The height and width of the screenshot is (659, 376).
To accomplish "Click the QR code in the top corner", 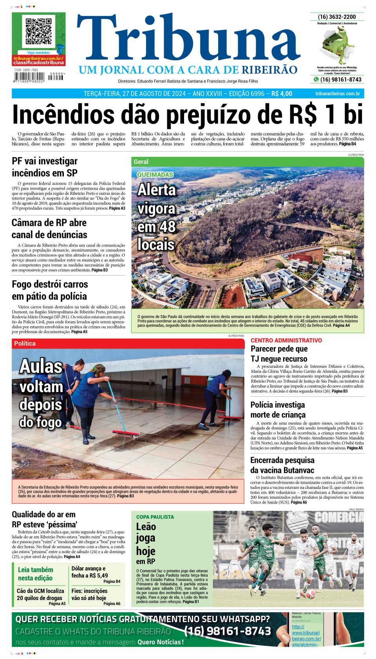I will click(38, 31).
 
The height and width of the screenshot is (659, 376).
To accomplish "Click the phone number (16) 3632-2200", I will click(337, 17).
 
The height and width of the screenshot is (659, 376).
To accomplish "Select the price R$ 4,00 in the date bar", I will click(282, 94).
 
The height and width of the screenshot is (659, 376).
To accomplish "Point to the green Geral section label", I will click(141, 162).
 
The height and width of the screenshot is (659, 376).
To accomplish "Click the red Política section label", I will click(25, 343).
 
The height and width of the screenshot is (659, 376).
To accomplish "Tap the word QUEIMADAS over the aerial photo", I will click(155, 174).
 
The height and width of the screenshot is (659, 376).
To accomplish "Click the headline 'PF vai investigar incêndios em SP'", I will click(45, 167).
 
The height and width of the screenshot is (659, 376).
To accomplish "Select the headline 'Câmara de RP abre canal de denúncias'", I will click(49, 229).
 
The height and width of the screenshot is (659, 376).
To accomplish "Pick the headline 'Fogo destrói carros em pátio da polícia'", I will click(50, 290).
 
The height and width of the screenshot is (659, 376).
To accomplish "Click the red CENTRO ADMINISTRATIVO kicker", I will click(286, 340).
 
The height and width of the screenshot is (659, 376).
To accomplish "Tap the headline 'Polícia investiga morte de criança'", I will click(278, 410).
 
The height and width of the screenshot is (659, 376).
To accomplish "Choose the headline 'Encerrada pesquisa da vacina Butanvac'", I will click(282, 465).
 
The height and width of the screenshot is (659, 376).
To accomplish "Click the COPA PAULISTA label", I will click(155, 517).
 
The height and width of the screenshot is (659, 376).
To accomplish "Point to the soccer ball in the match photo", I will click(310, 594).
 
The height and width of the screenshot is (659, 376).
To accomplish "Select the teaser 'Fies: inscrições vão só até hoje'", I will click(89, 594).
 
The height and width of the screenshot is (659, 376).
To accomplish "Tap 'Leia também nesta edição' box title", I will click(35, 574).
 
